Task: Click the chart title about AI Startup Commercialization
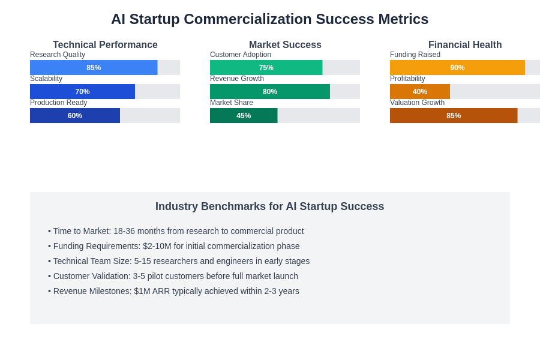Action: click(x=269, y=19)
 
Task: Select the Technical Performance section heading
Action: click(x=105, y=45)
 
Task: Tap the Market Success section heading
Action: click(x=285, y=45)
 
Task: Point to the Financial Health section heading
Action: click(x=465, y=45)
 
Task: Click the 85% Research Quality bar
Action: click(x=94, y=68)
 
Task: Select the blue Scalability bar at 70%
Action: click(x=82, y=92)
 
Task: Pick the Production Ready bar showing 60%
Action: click(x=75, y=116)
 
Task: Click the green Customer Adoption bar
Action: click(x=266, y=68)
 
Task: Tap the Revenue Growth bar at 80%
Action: click(x=270, y=92)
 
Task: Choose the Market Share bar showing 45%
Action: click(x=244, y=116)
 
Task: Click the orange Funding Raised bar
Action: click(x=457, y=68)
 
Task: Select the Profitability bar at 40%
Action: click(x=420, y=92)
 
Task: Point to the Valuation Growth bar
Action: click(x=454, y=116)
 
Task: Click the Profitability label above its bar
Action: click(x=407, y=79)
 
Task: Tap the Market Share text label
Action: click(x=232, y=103)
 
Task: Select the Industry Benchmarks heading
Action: click(x=269, y=206)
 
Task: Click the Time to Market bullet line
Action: click(x=176, y=231)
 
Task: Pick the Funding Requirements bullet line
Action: click(x=174, y=246)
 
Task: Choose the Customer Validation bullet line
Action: click(x=173, y=276)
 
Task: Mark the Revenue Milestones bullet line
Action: click(x=173, y=291)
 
